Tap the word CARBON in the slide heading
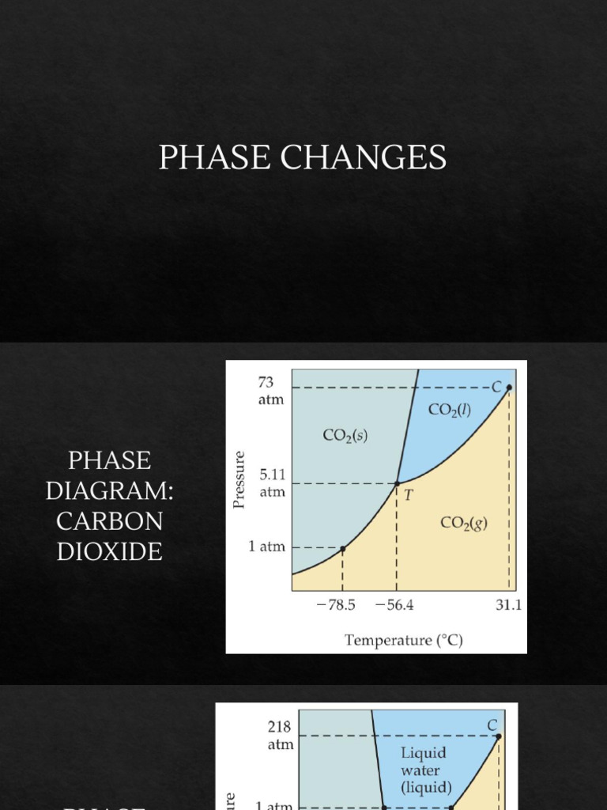(109, 521)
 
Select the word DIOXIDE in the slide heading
(109, 551)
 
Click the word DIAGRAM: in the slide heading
(109, 490)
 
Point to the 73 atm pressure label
(270, 391)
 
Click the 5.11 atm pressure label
(271, 483)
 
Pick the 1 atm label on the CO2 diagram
(266, 547)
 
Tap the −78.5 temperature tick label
(336, 606)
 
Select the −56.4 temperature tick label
(394, 606)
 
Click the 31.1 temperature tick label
(509, 606)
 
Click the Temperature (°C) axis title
(403, 640)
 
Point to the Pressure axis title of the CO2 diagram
(240, 479)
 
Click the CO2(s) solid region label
(345, 435)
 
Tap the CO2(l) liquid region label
(450, 410)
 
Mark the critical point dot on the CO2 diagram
(509, 388)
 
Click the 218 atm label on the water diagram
(280, 735)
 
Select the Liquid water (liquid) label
(426, 770)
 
